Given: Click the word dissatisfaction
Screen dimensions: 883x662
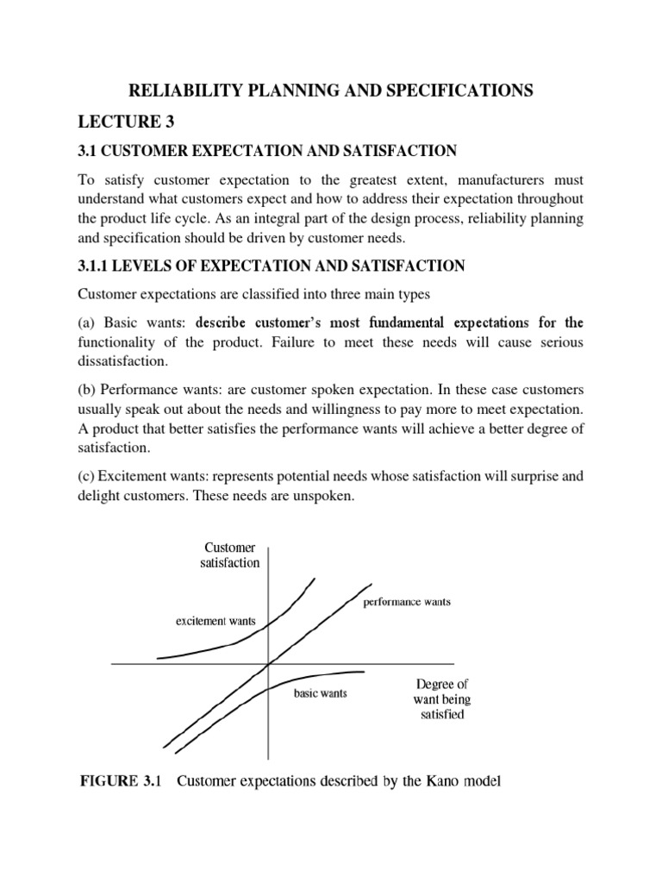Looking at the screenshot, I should (x=127, y=361).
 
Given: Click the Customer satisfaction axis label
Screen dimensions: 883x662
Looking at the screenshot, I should (x=231, y=554).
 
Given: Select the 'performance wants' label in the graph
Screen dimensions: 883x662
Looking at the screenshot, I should (x=406, y=601).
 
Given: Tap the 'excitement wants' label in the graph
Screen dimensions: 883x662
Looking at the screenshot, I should (x=215, y=621).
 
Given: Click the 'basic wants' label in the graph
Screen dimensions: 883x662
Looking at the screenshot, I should (x=321, y=693).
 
